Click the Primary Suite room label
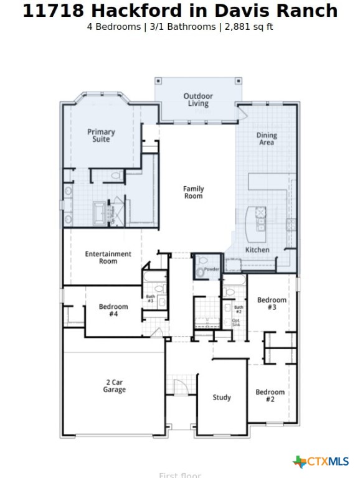click(101, 136)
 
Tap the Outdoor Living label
click(198, 100)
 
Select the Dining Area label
click(267, 139)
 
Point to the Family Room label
click(193, 192)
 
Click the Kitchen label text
click(257, 250)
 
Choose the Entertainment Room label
click(108, 258)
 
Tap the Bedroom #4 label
click(113, 311)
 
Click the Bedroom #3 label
click(272, 304)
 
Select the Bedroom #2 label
click(270, 396)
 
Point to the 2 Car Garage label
click(114, 386)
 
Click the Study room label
click(222, 397)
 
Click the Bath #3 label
click(150, 299)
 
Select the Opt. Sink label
click(236, 322)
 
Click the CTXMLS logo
click(321, 461)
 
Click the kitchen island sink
click(260, 217)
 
